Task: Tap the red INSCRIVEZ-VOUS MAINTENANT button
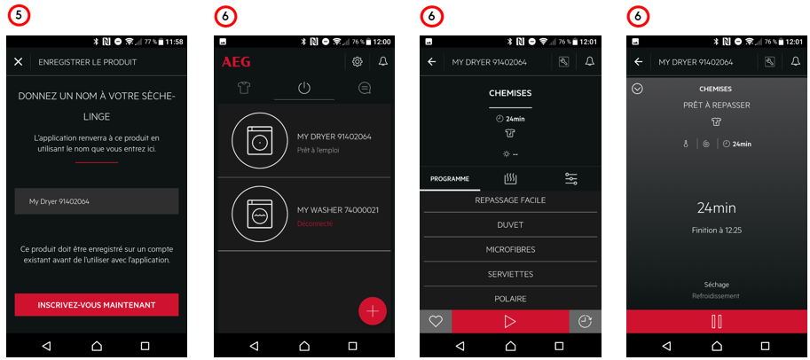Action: click(97, 305)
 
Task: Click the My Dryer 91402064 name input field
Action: click(97, 201)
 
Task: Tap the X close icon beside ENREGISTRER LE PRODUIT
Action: click(18, 62)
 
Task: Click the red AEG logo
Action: click(236, 62)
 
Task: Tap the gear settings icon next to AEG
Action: click(357, 62)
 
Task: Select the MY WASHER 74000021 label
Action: click(338, 210)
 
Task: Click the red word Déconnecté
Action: click(315, 223)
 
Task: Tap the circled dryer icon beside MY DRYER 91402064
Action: click(256, 140)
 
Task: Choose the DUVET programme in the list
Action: click(510, 224)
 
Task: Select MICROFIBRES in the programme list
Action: click(510, 249)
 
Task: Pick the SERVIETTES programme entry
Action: click(510, 274)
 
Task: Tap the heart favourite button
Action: click(436, 321)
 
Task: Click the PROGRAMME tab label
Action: click(450, 179)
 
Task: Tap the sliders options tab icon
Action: click(570, 179)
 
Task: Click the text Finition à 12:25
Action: click(717, 231)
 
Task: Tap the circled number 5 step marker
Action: click(20, 17)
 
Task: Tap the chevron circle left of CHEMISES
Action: click(638, 89)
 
